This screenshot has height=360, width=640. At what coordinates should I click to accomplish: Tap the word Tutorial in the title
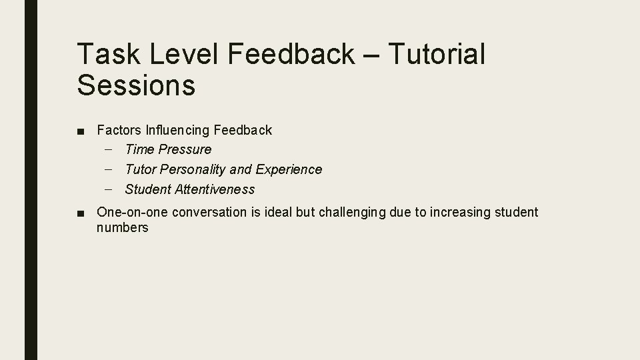point(435,54)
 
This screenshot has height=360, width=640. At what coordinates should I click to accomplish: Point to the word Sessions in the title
point(136,85)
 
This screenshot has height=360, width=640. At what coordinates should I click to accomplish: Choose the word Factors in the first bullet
point(118,130)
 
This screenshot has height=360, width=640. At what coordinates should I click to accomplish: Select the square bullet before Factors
point(81,131)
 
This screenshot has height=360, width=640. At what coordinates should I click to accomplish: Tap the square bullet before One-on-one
point(81,213)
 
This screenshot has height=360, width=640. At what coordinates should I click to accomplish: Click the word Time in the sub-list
point(139,149)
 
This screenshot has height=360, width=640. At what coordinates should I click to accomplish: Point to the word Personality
point(193,169)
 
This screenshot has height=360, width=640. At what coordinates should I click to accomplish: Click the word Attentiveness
point(215,189)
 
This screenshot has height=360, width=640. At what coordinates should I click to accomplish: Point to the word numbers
point(123,228)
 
